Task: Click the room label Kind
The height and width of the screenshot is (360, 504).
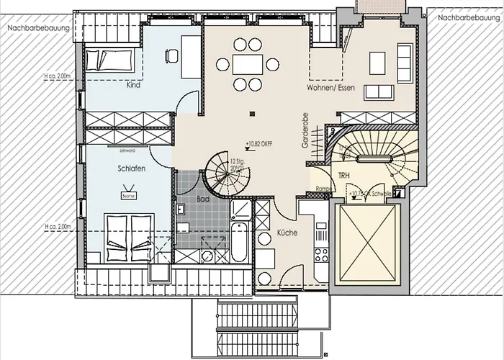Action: click(x=133, y=85)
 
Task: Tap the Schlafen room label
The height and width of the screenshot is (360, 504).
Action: click(x=133, y=168)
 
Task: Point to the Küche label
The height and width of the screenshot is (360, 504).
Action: click(x=285, y=233)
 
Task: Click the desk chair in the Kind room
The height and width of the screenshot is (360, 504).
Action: click(x=171, y=54)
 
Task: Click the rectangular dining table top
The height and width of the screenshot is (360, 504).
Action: click(x=249, y=65)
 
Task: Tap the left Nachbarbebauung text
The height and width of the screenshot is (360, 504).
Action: click(x=38, y=28)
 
